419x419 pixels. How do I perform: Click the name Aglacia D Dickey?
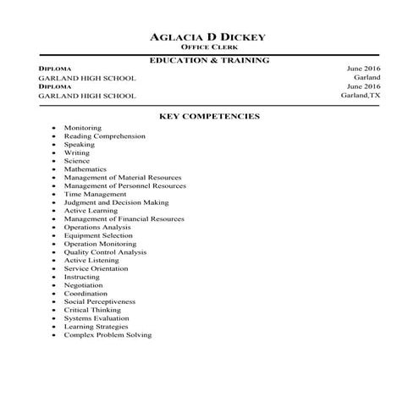pos(208,37)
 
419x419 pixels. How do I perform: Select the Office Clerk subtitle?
pos(208,48)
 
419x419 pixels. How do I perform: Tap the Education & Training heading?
pos(209,61)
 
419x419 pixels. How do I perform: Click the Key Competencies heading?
pos(209,116)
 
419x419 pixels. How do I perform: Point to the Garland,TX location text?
pos(361,96)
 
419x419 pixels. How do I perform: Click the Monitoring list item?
pos(82,128)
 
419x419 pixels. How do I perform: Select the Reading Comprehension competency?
pos(104,136)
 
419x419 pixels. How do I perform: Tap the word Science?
pos(76,161)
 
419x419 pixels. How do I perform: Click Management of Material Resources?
pos(123,178)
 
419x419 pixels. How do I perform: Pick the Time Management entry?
pos(95,194)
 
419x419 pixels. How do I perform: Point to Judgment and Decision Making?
pos(116,202)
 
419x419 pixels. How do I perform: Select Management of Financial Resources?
pos(124,219)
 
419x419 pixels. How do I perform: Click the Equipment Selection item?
pos(98,235)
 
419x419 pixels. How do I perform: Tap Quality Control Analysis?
pos(105,252)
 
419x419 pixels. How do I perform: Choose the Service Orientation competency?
pos(96,268)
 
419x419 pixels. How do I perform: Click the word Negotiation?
pos(83,285)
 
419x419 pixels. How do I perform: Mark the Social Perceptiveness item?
pos(99,301)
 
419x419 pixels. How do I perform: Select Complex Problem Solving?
pos(108,334)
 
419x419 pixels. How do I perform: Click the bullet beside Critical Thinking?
pos(54,310)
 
